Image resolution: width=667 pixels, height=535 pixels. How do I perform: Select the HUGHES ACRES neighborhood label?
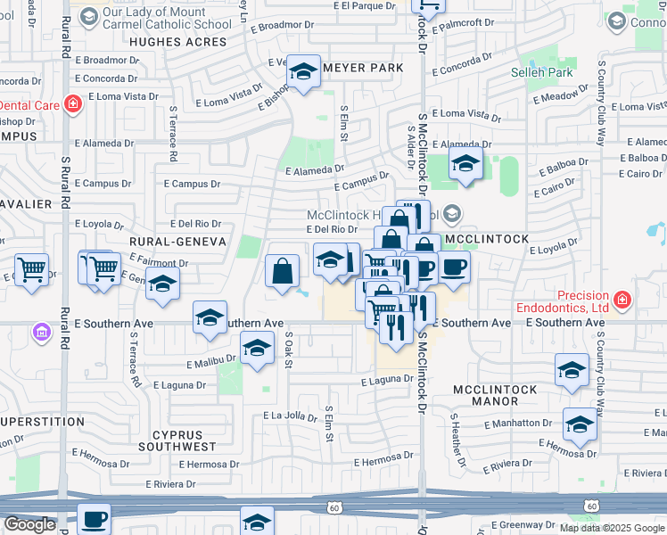pyautogui.click(x=179, y=41)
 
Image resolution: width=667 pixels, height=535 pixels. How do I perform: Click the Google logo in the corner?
pyautogui.click(x=29, y=524)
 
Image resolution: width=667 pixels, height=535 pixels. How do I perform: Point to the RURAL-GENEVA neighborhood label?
pyautogui.click(x=175, y=242)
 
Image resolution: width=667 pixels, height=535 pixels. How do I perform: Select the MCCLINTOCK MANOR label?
pyautogui.click(x=496, y=396)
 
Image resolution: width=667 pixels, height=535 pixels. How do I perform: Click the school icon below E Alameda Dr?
pyautogui.click(x=465, y=164)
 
